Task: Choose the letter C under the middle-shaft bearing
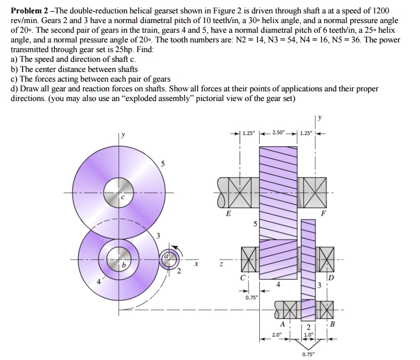click(x=243, y=277)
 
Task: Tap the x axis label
click(x=196, y=265)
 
